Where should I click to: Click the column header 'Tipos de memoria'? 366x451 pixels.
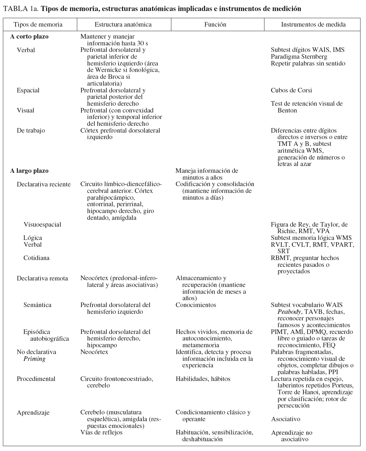coord(38,25)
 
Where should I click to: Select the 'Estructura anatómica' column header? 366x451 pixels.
coord(123,25)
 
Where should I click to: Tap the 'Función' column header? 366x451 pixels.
coord(215,25)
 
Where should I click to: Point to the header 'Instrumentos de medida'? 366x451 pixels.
coord(313,25)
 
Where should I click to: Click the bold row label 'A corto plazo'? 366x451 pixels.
coord(29,37)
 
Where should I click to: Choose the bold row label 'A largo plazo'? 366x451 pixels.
coord(29,171)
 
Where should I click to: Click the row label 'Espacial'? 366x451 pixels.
coord(28,90)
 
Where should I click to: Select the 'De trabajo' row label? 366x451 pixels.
coord(31,131)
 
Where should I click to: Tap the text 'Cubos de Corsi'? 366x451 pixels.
coord(291,90)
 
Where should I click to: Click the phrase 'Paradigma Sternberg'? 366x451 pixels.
coord(299,57)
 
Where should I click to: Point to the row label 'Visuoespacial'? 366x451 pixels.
coord(42,225)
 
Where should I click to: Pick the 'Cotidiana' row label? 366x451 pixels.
coord(36,258)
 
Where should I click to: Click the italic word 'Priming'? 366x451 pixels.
coord(34,359)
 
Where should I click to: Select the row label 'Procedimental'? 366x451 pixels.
coord(36,379)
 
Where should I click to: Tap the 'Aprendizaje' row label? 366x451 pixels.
coord(33,413)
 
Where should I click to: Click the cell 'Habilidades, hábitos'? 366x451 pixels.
coord(203,379)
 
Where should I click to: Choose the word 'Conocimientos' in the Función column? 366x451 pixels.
coord(196,305)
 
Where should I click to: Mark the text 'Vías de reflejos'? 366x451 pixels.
coord(101,433)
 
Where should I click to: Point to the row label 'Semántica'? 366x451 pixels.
coord(37,305)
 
